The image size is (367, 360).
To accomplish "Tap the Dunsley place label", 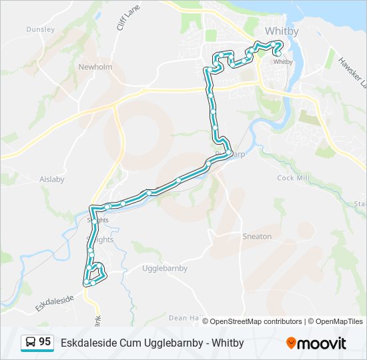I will click(39, 29).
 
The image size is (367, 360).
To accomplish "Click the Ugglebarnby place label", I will click(165, 268).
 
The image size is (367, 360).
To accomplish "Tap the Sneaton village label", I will click(257, 236).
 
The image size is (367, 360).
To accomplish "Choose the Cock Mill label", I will click(294, 178).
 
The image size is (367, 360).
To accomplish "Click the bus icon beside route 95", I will click(31, 343).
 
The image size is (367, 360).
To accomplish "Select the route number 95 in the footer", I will click(45, 342).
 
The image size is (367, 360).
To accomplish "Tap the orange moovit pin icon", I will click(291, 343).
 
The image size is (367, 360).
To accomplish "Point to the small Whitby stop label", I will click(284, 62).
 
